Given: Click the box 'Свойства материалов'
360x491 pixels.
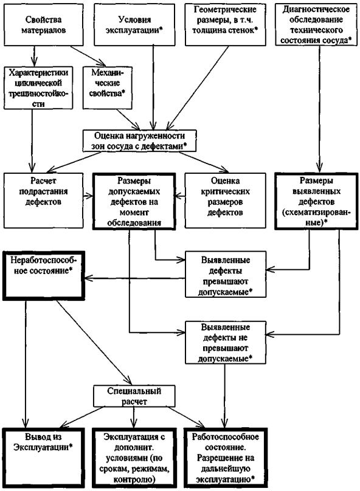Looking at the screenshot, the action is click(x=44, y=25).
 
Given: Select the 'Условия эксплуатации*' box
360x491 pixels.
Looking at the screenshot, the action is click(x=135, y=25).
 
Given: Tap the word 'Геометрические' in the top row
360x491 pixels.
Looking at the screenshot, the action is click(x=225, y=9).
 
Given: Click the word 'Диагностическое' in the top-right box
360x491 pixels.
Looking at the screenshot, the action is click(x=316, y=9).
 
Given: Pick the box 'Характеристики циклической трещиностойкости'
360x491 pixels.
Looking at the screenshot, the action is click(x=38, y=88).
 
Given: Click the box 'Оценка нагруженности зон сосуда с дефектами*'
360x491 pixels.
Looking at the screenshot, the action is click(x=139, y=141).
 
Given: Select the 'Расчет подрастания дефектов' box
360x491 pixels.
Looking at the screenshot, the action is click(x=44, y=201).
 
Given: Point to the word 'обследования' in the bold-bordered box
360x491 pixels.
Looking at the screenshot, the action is click(x=134, y=223).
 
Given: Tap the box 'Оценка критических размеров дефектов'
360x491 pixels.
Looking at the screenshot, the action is click(x=225, y=201).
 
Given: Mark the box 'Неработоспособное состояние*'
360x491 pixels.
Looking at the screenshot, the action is click(x=44, y=276).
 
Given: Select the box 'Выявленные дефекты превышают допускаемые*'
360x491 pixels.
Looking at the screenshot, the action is click(x=225, y=274).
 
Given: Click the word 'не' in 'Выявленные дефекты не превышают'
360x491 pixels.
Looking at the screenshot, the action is click(x=244, y=338).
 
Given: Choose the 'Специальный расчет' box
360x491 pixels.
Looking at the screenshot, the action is click(x=134, y=396).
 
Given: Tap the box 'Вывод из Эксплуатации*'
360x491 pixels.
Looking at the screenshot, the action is click(x=44, y=458).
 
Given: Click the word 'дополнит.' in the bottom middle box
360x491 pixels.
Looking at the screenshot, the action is click(x=134, y=447).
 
